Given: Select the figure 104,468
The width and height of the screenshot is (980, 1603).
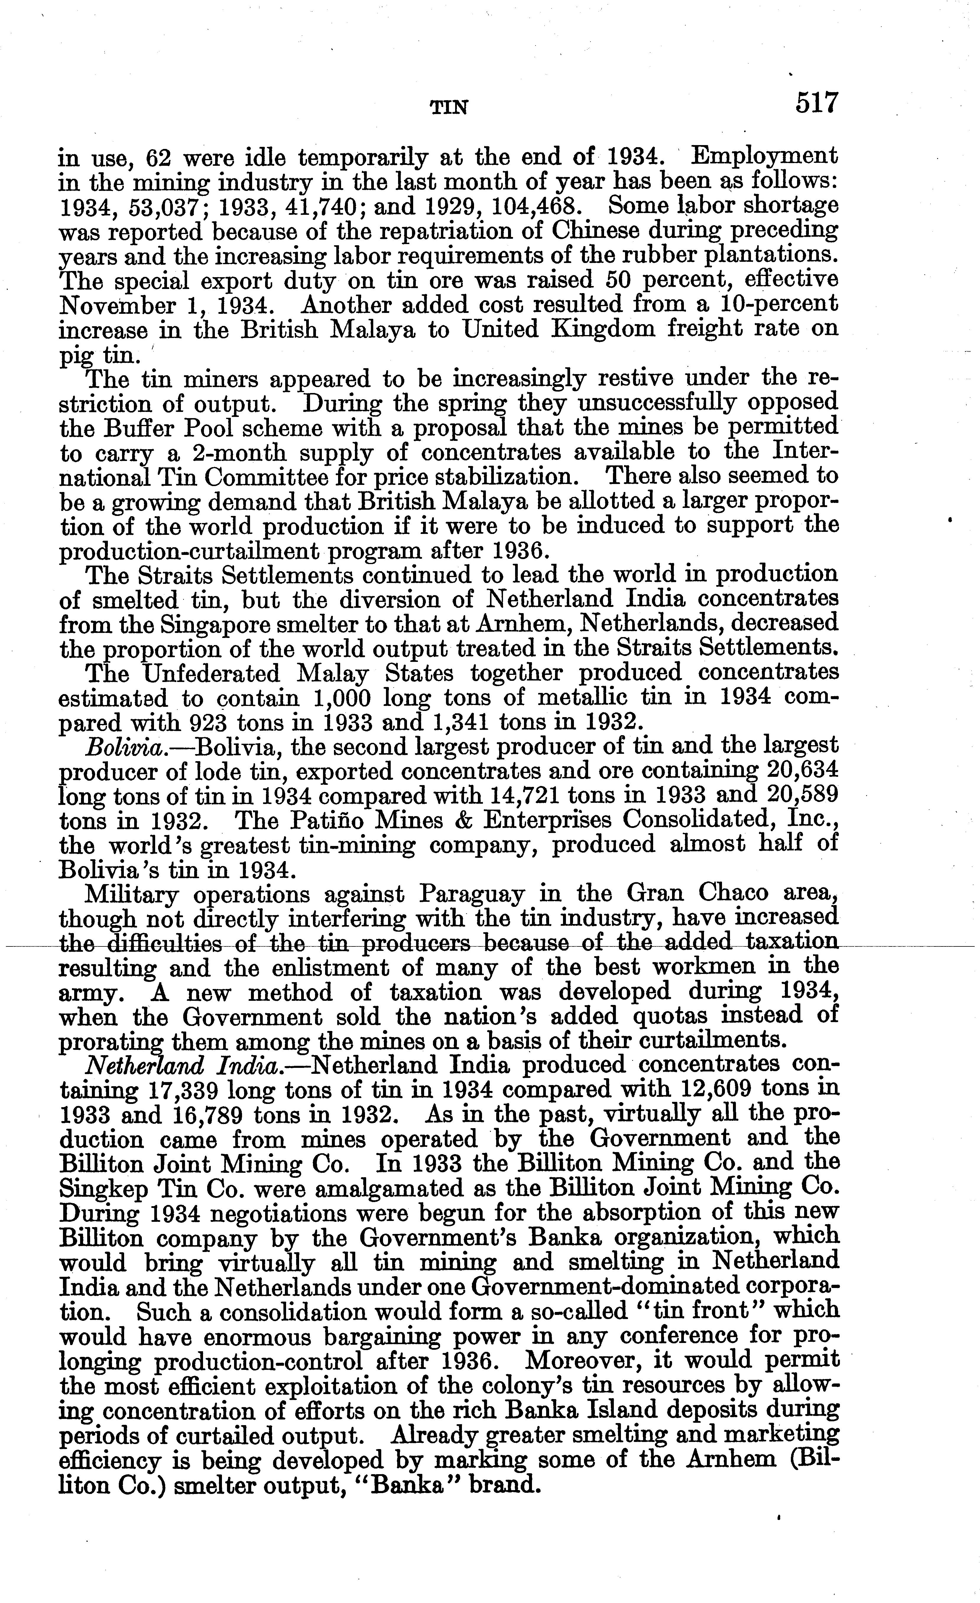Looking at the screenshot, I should tap(527, 207).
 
